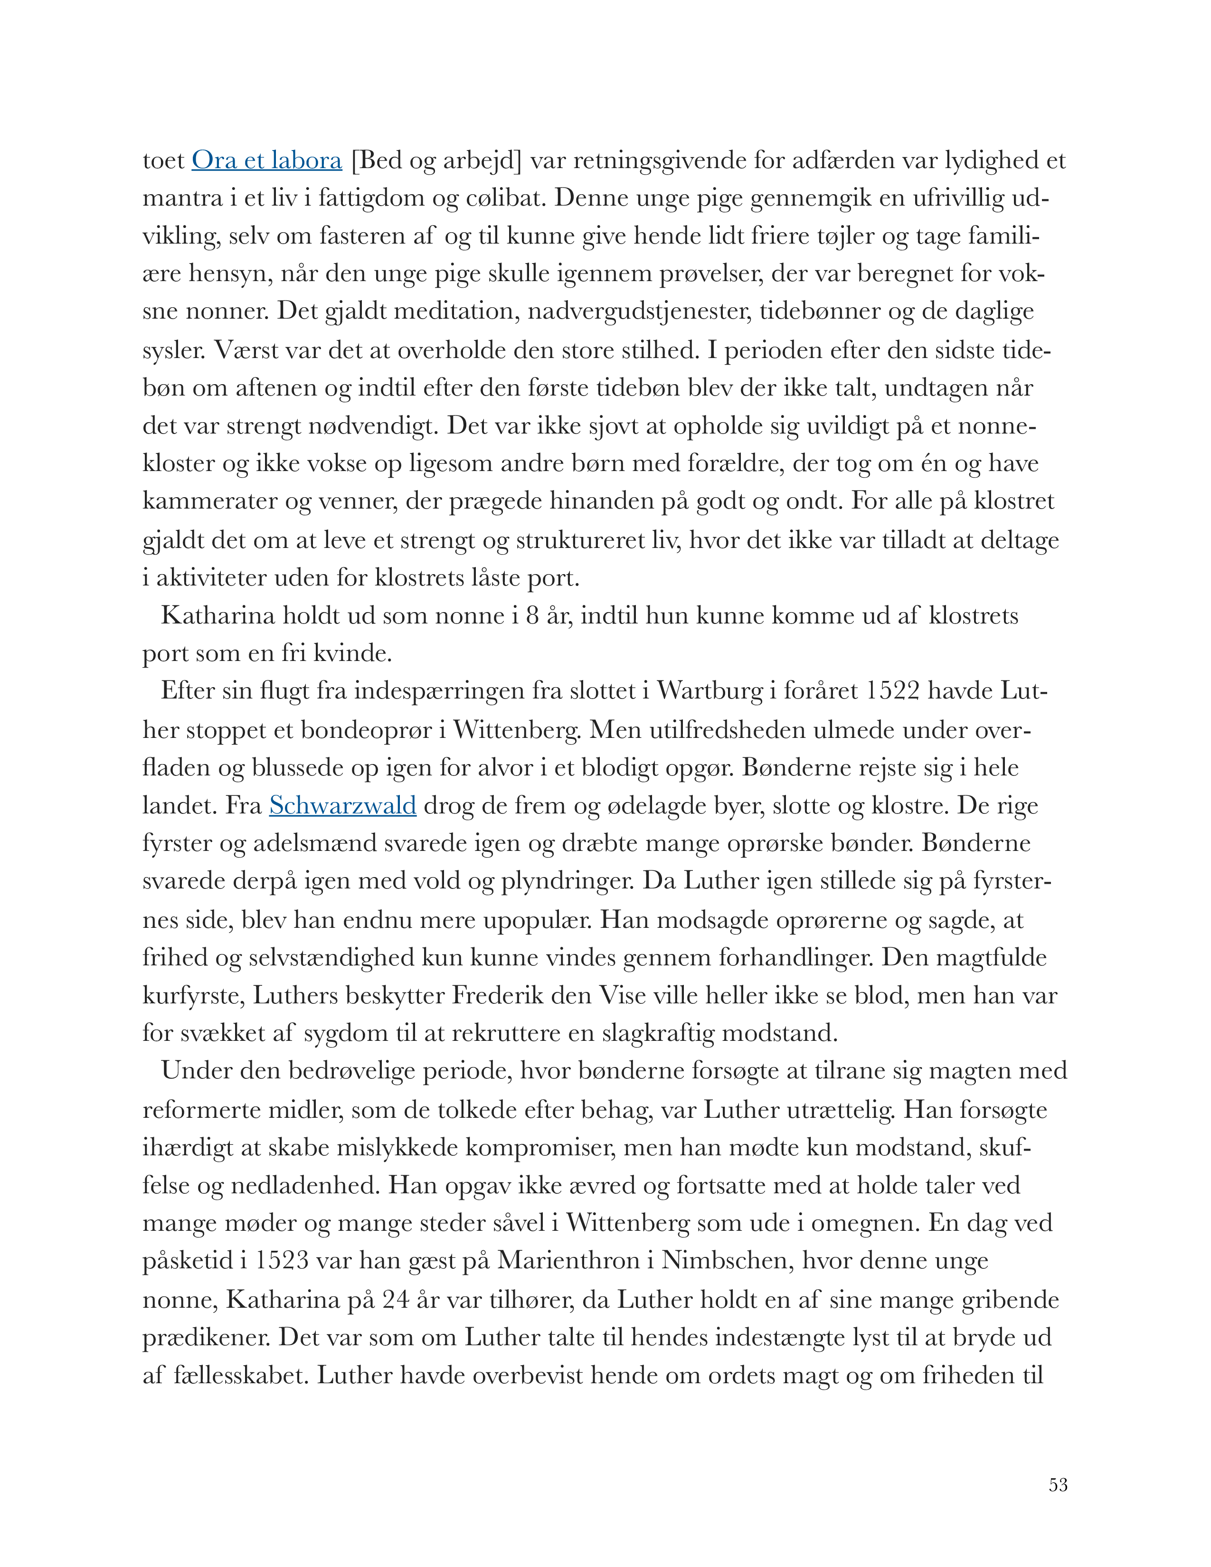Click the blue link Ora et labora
266,160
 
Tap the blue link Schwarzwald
342,805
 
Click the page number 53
1058,1484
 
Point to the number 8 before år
532,615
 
